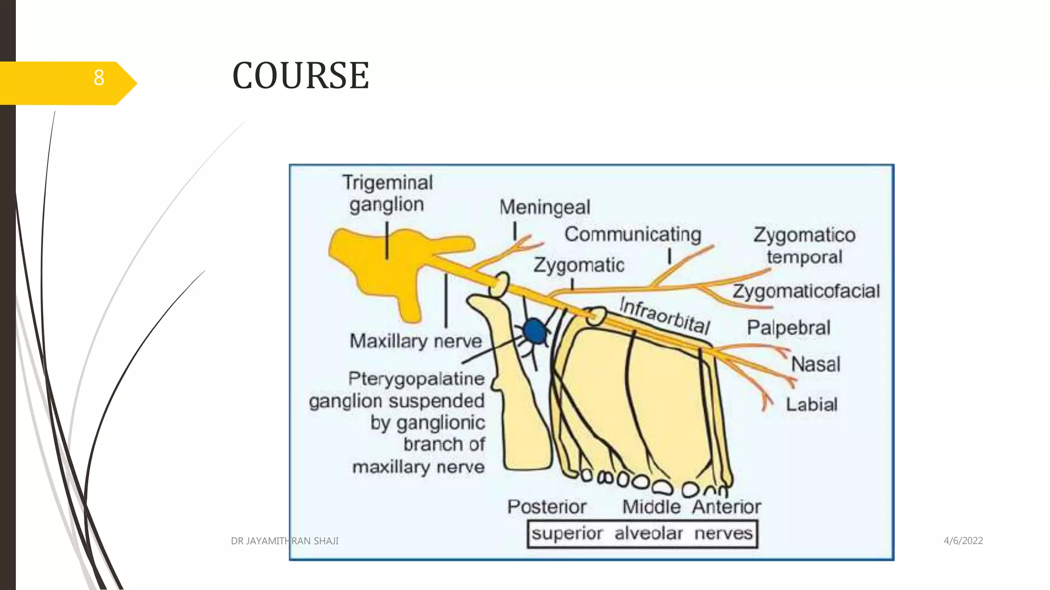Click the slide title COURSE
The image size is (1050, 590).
(300, 76)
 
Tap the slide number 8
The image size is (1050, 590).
(99, 78)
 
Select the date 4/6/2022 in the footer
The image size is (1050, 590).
(963, 541)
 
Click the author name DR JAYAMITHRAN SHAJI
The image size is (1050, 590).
(285, 541)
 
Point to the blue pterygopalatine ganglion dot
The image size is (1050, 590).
(535, 331)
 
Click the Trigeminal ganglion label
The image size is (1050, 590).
(388, 194)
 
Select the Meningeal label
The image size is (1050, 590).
(544, 207)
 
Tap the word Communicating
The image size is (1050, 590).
(633, 235)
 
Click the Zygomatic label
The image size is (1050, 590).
(579, 265)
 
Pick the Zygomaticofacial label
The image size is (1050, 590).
(806, 291)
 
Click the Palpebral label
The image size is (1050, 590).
(788, 328)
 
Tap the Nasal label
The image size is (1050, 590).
(815, 365)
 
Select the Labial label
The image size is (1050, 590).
(812, 405)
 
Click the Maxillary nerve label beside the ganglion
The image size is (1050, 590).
(415, 341)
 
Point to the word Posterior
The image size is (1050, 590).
(547, 507)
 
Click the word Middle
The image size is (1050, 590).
(651, 507)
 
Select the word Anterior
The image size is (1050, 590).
(726, 507)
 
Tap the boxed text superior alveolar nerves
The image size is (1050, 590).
(642, 534)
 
